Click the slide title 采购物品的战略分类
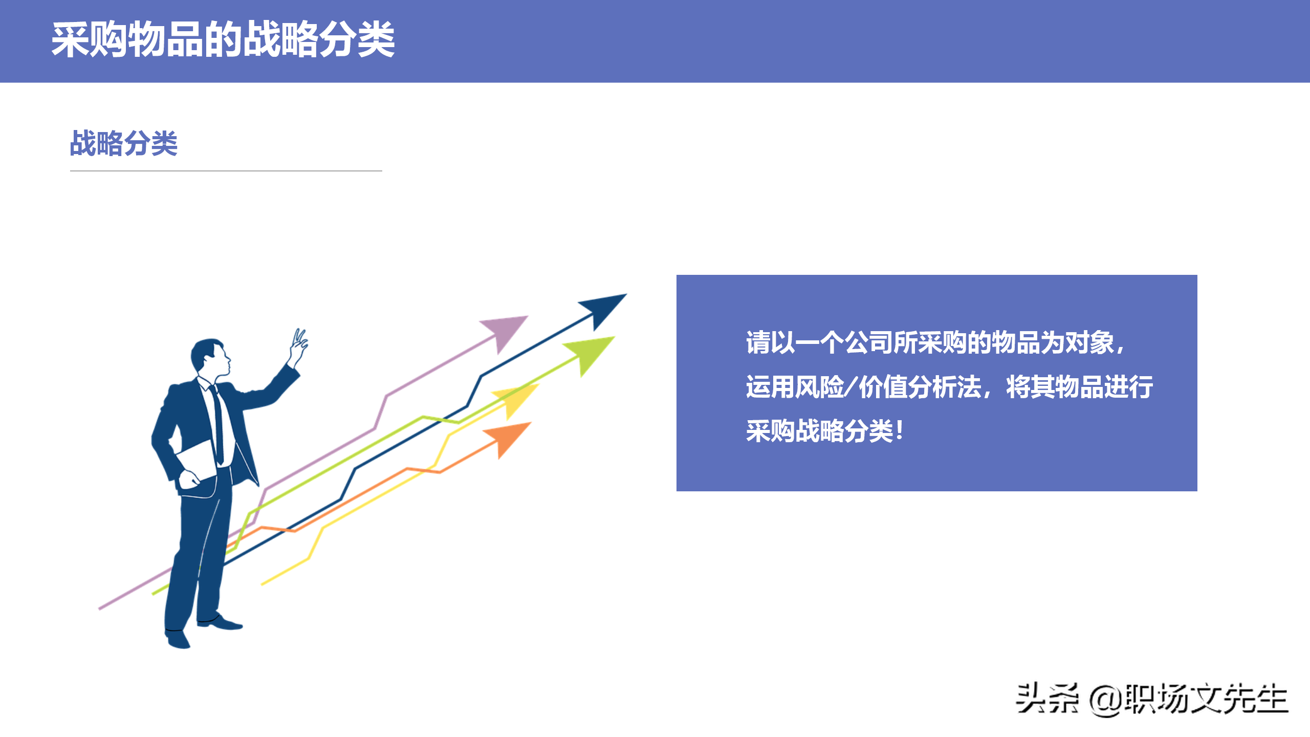pos(223,40)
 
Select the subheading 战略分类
pos(124,143)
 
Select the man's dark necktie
pos(218,425)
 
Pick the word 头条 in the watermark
pos(1047,699)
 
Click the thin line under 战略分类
pos(226,171)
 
